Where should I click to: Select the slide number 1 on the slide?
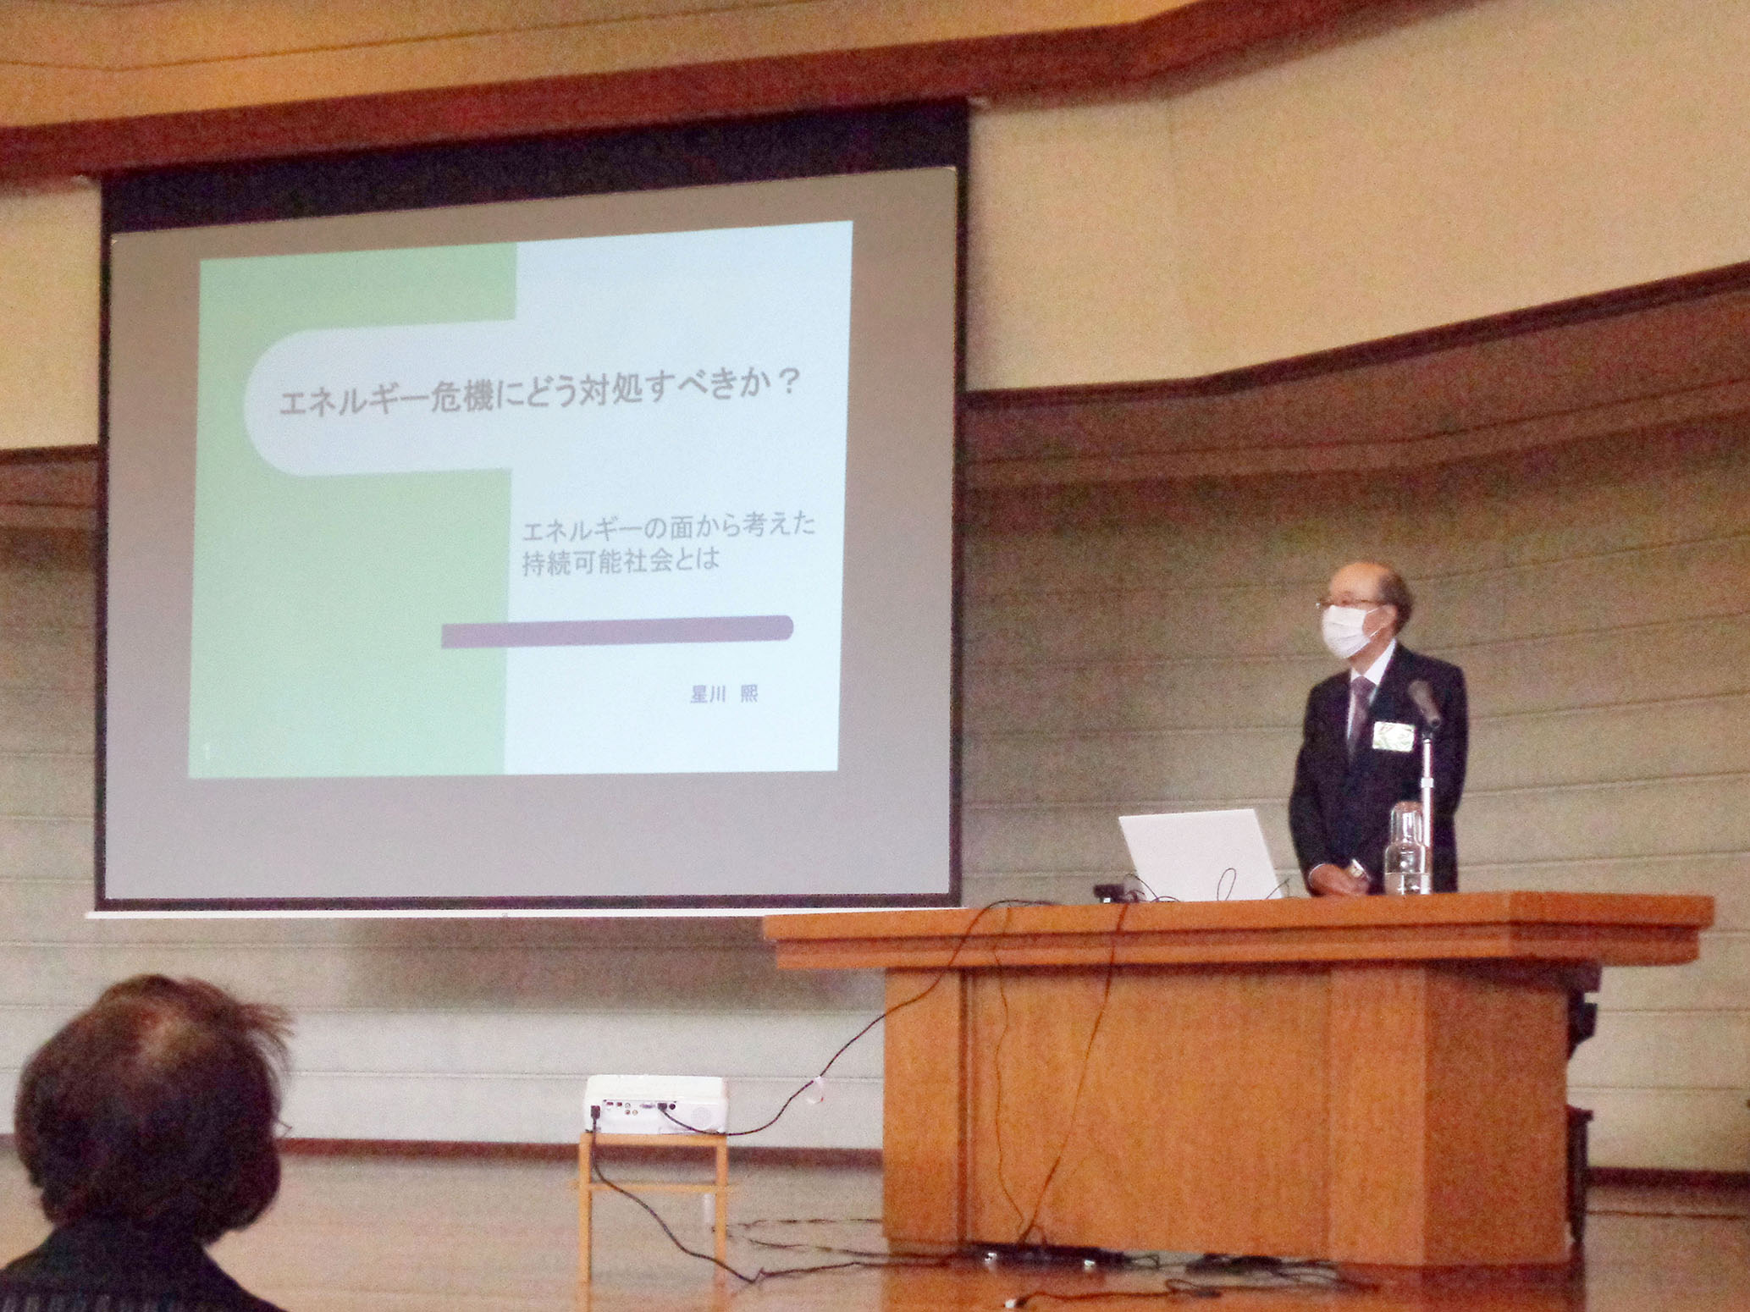[x=208, y=751]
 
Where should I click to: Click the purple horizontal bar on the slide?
[x=617, y=631]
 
